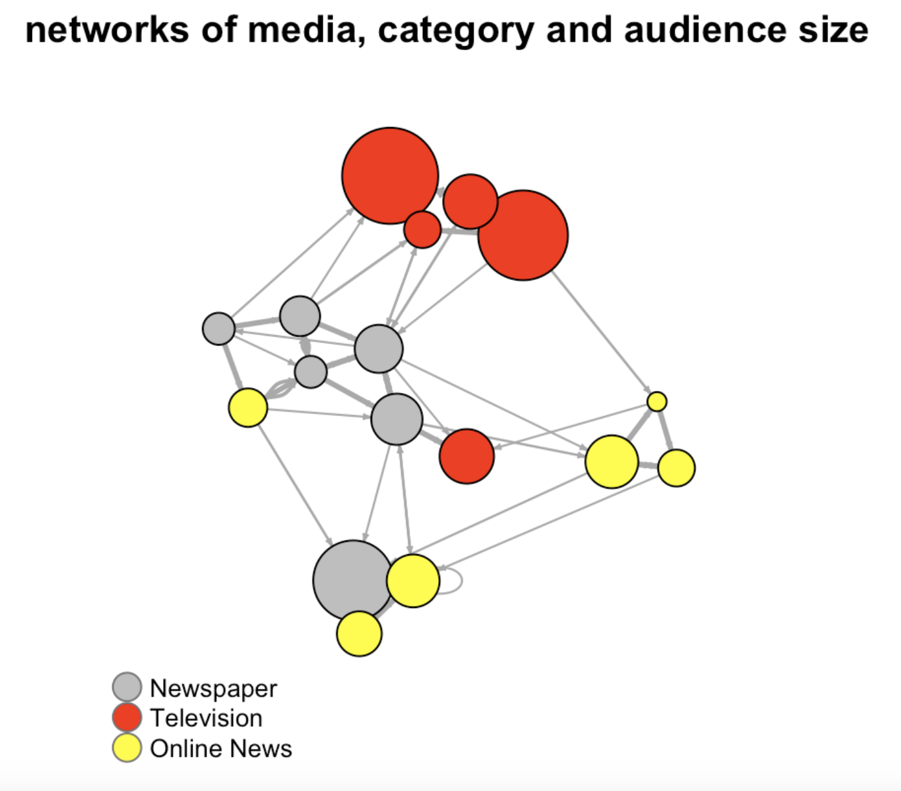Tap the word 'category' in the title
tap(456, 30)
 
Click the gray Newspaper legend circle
tap(127, 687)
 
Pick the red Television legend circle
tap(127, 717)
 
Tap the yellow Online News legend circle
tap(127, 748)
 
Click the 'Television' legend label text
tap(206, 718)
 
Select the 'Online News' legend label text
tap(221, 749)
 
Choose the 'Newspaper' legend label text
tap(213, 688)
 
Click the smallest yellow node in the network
tap(656, 401)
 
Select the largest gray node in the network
tap(352, 580)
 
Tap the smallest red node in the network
tap(422, 229)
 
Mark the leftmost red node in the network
tap(390, 175)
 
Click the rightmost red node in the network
tap(523, 235)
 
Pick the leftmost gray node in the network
tap(218, 329)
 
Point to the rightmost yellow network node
tap(676, 468)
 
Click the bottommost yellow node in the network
tap(359, 634)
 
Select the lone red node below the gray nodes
tap(467, 456)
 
